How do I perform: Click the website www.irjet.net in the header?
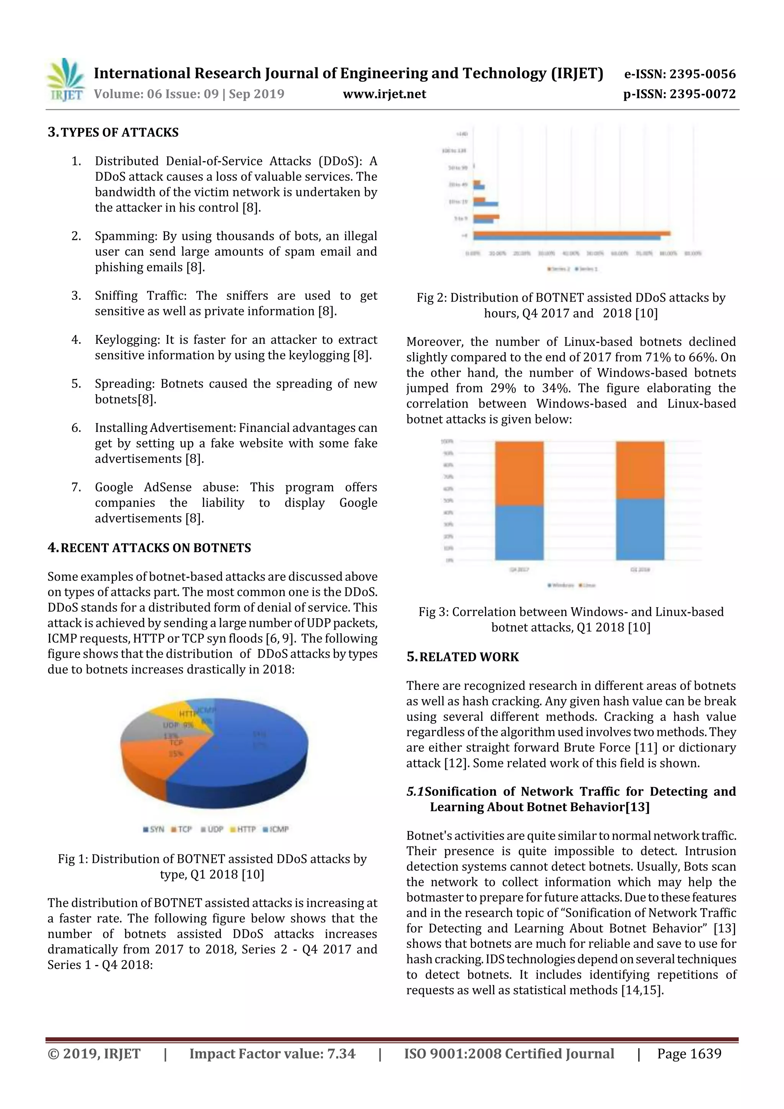tap(384, 94)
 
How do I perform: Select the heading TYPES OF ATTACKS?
tap(119, 132)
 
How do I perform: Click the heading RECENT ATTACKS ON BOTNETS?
tap(155, 548)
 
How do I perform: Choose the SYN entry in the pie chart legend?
tap(154, 829)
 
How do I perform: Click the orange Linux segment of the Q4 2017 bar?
tap(519, 474)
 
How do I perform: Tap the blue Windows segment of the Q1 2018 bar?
tap(640, 529)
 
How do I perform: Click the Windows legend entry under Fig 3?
tap(561, 585)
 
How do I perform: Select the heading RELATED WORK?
tap(469, 657)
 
